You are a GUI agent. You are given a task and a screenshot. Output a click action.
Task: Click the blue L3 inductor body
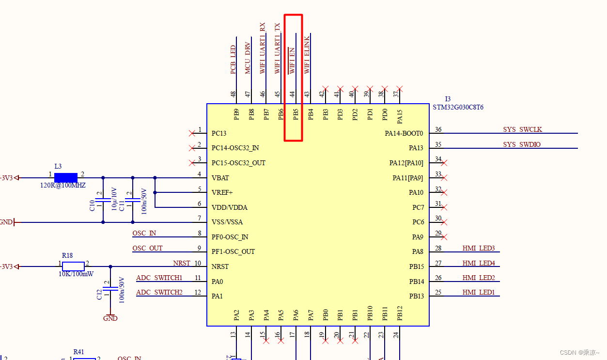[66, 178]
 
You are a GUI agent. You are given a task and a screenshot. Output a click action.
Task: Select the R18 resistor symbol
[73, 266]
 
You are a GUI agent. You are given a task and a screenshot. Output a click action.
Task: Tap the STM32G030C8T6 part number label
[458, 107]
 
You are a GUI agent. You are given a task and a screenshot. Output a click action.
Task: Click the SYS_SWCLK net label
[522, 129]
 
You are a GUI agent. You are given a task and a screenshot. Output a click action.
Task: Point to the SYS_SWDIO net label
[522, 144]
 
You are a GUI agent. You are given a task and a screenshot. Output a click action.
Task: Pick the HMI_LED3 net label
[479, 248]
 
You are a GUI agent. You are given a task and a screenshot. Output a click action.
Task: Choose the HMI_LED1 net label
[479, 292]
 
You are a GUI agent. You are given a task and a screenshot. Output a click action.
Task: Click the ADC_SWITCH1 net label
[159, 278]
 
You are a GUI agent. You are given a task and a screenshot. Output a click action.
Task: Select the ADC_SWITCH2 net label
[159, 292]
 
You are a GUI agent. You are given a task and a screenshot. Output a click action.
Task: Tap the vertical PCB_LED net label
[233, 60]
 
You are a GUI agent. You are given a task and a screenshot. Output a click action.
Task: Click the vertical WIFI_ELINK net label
[307, 55]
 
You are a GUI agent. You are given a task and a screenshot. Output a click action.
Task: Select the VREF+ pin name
[222, 192]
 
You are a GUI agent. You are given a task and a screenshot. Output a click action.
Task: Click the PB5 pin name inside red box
[296, 114]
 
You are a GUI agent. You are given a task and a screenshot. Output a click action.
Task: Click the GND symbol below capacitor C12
[110, 318]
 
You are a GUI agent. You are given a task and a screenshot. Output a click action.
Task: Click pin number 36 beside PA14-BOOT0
[438, 129]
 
